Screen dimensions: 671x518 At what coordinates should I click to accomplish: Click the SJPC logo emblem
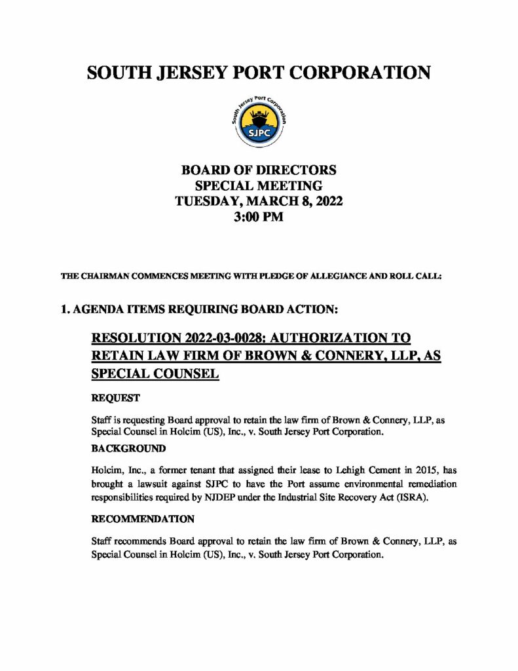[x=259, y=122]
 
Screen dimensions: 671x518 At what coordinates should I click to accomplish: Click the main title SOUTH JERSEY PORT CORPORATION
[x=259, y=72]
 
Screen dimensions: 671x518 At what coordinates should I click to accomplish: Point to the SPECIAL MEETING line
[x=259, y=186]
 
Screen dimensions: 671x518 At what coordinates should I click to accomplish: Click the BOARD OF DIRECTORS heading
[x=259, y=170]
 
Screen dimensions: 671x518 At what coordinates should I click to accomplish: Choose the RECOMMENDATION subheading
[x=142, y=519]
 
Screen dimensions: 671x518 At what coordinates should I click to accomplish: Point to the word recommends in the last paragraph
[x=141, y=541]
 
